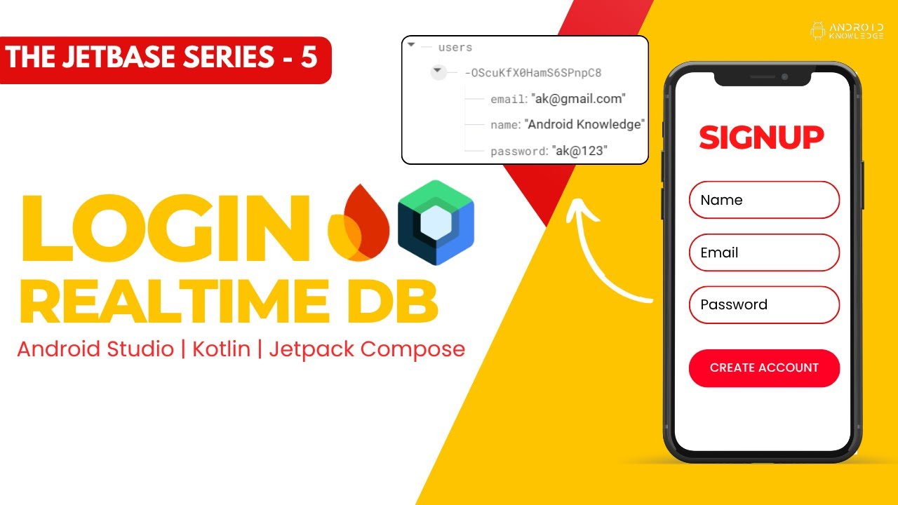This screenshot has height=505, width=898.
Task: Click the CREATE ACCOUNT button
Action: (764, 368)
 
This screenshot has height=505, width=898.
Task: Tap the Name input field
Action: (764, 200)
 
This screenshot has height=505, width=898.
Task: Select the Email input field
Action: (764, 252)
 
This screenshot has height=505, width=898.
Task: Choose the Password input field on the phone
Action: (764, 304)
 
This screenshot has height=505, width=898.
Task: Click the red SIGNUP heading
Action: (761, 137)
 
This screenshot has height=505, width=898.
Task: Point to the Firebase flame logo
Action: (358, 224)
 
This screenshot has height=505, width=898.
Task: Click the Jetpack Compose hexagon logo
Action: (436, 222)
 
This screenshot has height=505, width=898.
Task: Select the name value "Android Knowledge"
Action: (584, 125)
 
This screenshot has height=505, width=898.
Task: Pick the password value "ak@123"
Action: (579, 151)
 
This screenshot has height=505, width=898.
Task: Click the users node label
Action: (455, 48)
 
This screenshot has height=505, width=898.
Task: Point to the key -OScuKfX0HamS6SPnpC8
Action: (532, 73)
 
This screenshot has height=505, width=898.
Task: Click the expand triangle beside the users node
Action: (412, 46)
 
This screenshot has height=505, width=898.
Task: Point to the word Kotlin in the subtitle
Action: (222, 349)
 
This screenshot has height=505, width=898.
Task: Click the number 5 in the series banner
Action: (309, 58)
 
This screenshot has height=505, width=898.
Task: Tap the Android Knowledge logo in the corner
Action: (846, 31)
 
